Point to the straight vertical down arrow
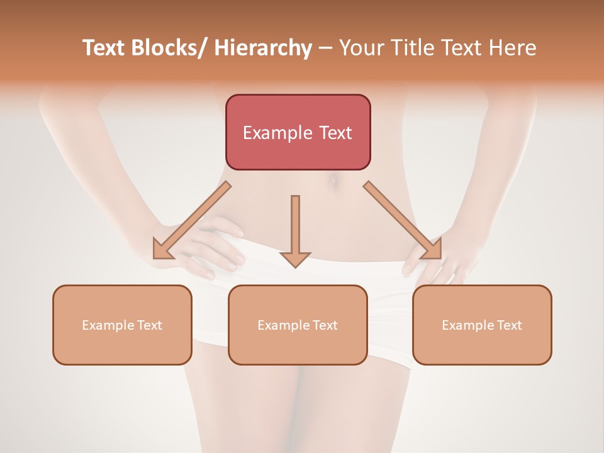click(295, 226)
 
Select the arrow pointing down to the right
click(403, 220)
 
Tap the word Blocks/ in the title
click(171, 48)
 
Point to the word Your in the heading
click(361, 48)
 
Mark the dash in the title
click(325, 48)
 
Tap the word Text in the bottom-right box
click(509, 325)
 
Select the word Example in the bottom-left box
click(108, 325)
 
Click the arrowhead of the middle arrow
click(295, 259)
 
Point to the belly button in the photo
click(332, 183)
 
